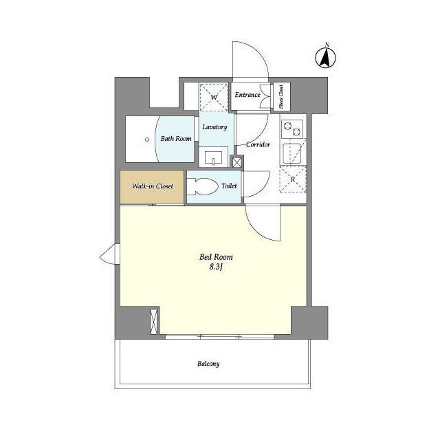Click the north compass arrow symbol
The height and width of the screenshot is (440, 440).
pyautogui.click(x=325, y=58)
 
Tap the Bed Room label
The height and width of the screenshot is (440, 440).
pyautogui.click(x=216, y=256)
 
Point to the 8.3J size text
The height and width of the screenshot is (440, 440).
pyautogui.click(x=216, y=267)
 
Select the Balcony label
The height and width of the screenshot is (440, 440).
pyautogui.click(x=208, y=364)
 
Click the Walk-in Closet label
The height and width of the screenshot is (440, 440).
pyautogui.click(x=153, y=186)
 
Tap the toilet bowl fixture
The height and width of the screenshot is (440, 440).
pyautogui.click(x=202, y=186)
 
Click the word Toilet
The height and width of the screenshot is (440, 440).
pyautogui.click(x=229, y=186)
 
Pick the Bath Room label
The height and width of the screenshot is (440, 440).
pyautogui.click(x=176, y=138)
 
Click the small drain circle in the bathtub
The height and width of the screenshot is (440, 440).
pyautogui.click(x=147, y=140)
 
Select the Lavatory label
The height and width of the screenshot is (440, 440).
pyautogui.click(x=214, y=127)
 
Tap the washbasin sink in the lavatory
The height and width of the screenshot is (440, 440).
pyautogui.click(x=213, y=157)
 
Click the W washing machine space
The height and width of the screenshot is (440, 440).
pyautogui.click(x=213, y=97)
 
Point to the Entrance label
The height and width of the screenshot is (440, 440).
pyautogui.click(x=247, y=95)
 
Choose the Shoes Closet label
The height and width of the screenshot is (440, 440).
pyautogui.click(x=281, y=96)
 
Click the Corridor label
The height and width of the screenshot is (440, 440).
pyautogui.click(x=258, y=144)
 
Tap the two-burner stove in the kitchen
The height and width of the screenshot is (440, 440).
pyautogui.click(x=292, y=129)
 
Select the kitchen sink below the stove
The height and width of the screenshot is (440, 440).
pyautogui.click(x=291, y=153)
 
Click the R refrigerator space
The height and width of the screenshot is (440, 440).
pyautogui.click(x=293, y=179)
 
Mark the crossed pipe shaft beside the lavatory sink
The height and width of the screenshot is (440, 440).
pyautogui.click(x=236, y=162)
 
